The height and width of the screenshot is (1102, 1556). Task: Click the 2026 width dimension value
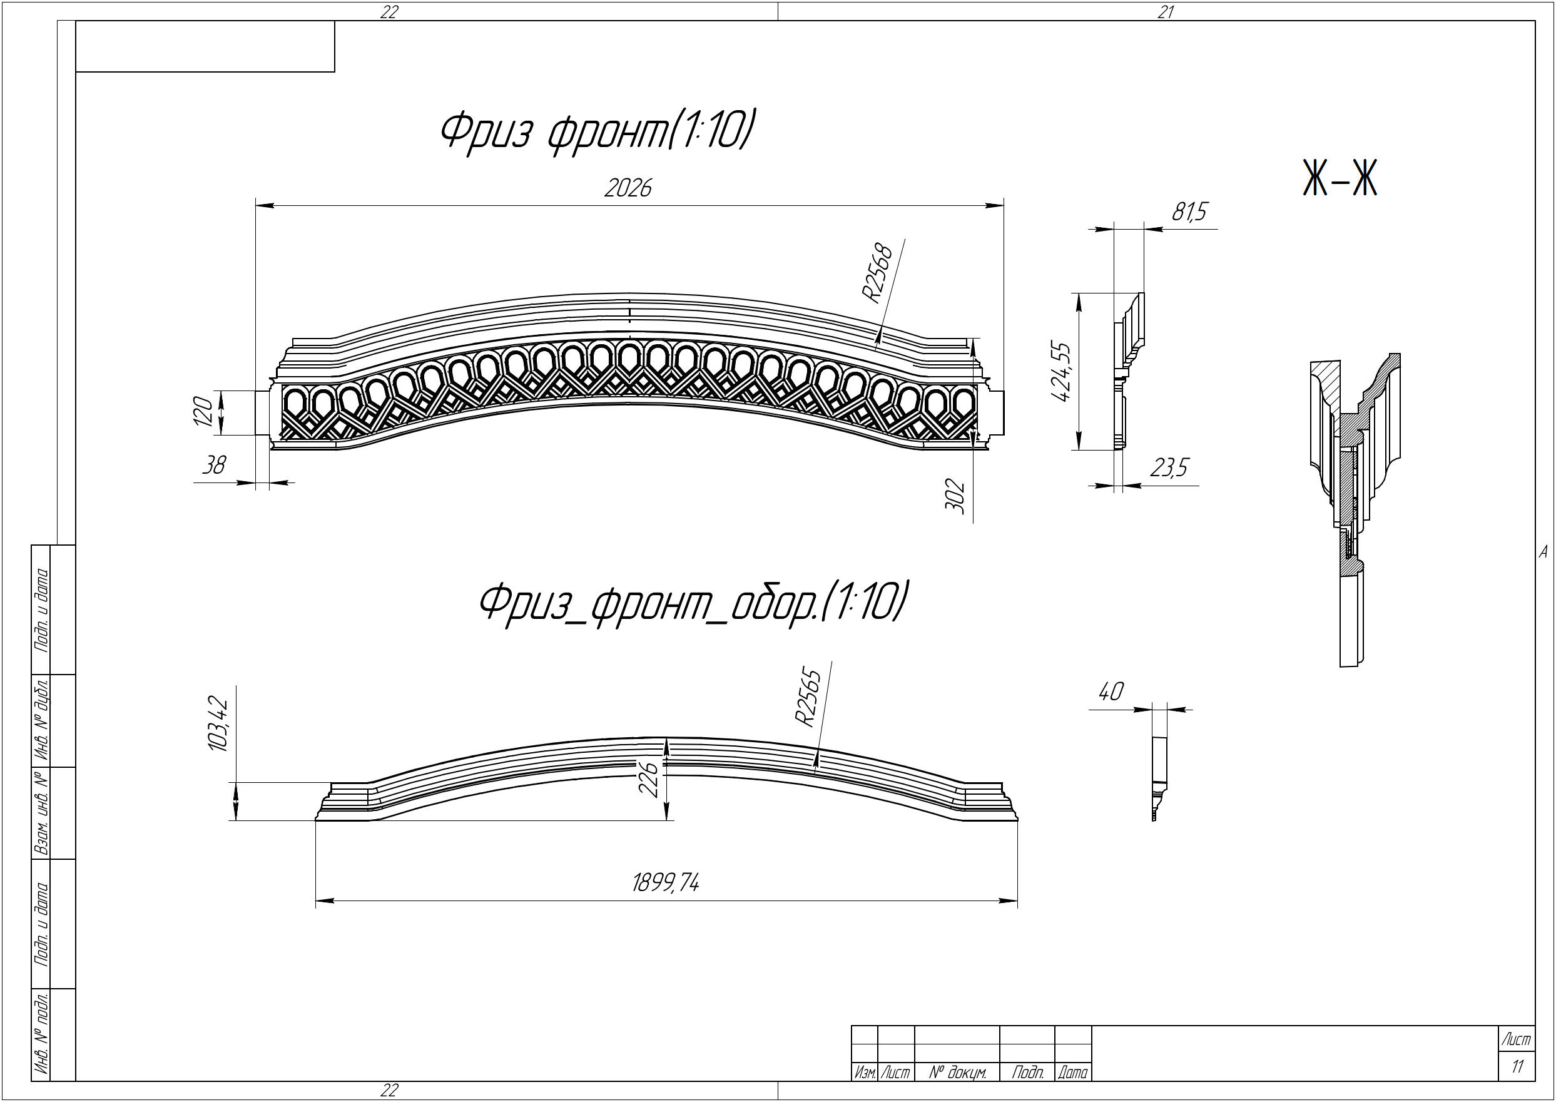628,188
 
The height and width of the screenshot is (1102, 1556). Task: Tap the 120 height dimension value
203,412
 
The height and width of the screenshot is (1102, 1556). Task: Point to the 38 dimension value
215,465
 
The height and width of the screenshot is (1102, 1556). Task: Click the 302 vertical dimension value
954,496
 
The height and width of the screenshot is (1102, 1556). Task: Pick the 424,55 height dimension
1059,371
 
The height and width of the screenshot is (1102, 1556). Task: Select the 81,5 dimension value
1190,212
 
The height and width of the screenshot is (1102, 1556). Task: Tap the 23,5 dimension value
1169,467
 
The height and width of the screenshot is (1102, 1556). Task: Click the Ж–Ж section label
1340,179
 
